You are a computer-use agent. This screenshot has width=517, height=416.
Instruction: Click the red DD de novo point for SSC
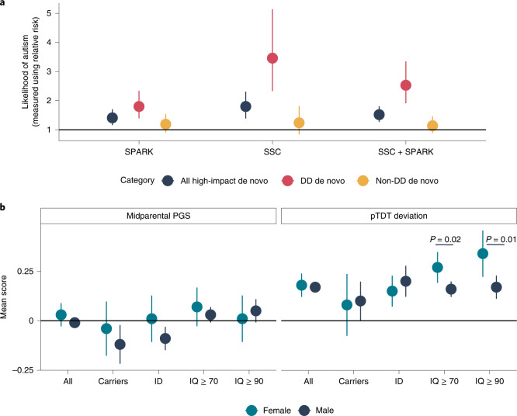(272, 58)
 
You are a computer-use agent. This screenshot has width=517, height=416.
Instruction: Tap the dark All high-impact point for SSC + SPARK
(379, 115)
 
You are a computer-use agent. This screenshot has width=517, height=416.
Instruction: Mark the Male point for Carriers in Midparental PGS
(97, 344)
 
